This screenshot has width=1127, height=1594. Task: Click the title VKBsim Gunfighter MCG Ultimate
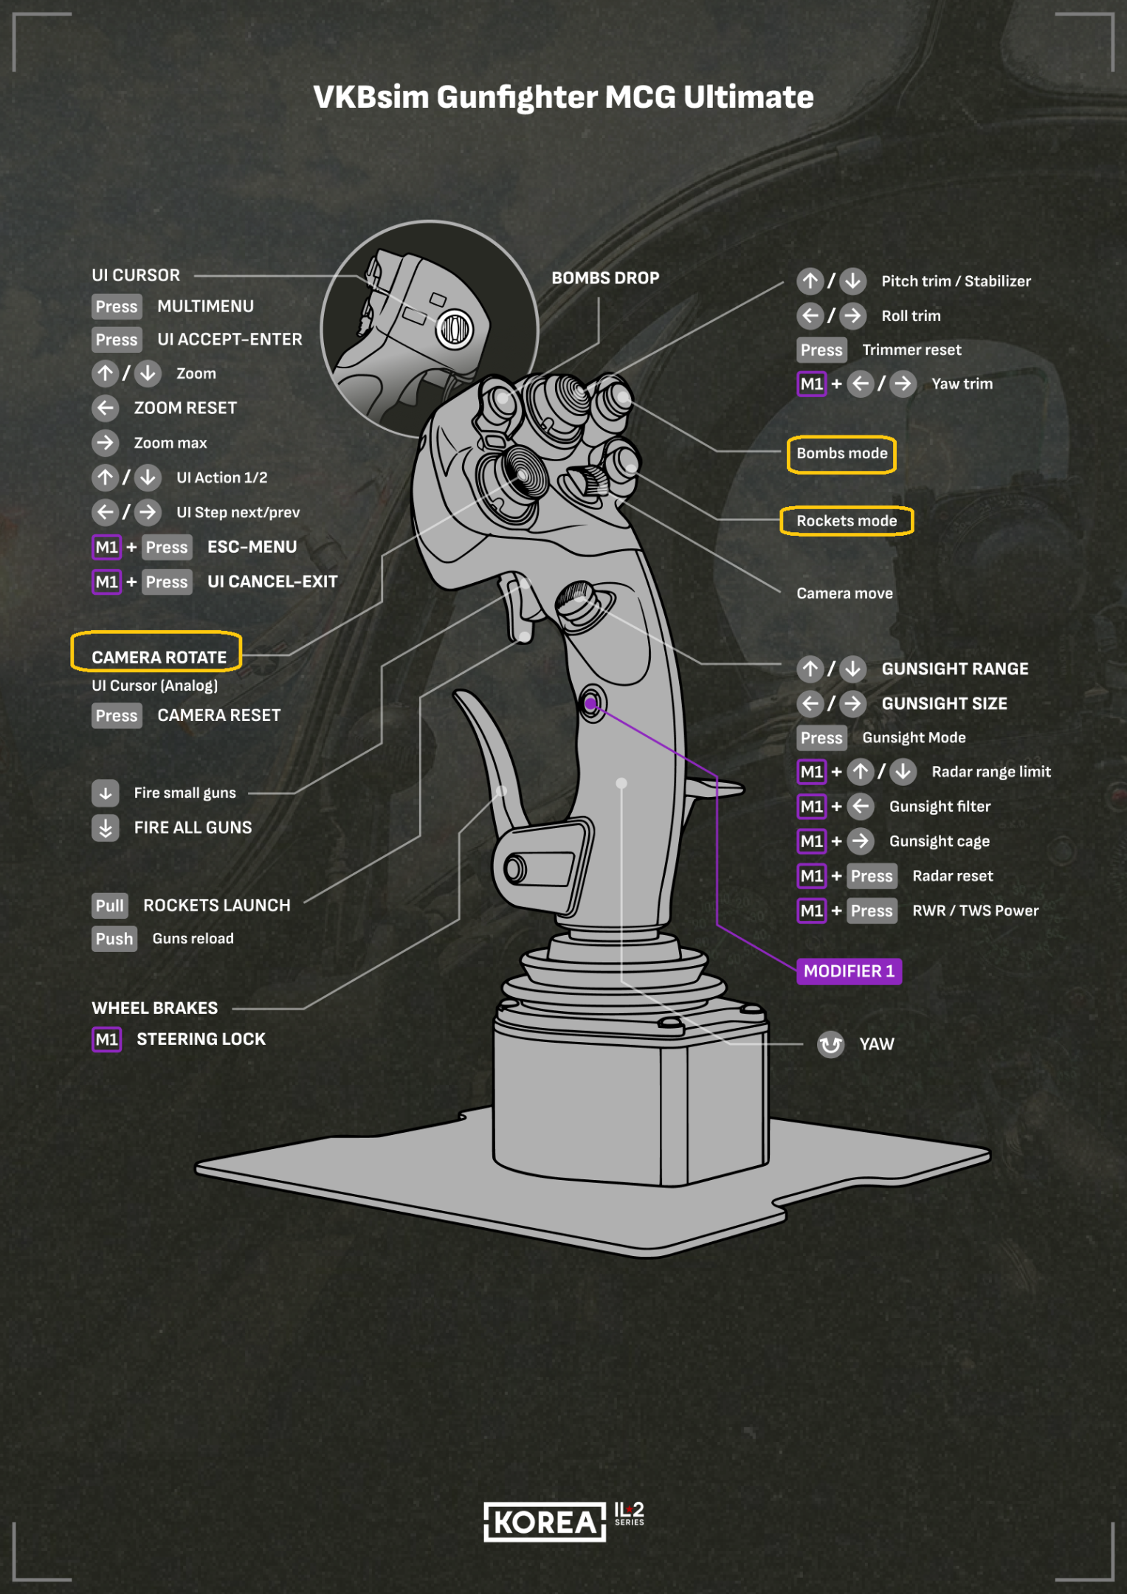(563, 97)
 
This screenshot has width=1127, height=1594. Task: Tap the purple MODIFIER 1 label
(849, 971)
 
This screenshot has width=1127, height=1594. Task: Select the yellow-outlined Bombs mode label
(841, 454)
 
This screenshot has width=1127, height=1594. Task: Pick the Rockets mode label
(847, 521)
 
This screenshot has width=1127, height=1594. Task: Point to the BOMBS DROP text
(605, 278)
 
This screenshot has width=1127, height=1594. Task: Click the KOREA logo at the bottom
(545, 1522)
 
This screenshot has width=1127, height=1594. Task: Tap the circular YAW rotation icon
(831, 1044)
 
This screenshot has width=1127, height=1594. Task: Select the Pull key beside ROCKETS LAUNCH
(110, 905)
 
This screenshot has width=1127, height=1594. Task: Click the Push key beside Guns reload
(114, 939)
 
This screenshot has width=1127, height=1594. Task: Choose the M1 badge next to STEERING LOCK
(106, 1040)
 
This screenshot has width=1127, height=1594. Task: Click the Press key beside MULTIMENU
(117, 306)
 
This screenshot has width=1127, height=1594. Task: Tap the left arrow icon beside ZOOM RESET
(106, 408)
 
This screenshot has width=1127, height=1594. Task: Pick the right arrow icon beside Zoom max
(106, 443)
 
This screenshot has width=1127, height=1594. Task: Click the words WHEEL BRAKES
(155, 1008)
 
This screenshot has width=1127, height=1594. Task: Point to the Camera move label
(844, 593)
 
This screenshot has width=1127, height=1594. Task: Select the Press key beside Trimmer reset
(821, 350)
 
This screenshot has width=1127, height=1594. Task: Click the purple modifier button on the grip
(590, 704)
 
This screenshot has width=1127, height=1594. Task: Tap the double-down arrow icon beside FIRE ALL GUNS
(106, 828)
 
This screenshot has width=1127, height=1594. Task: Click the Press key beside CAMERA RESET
(117, 716)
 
